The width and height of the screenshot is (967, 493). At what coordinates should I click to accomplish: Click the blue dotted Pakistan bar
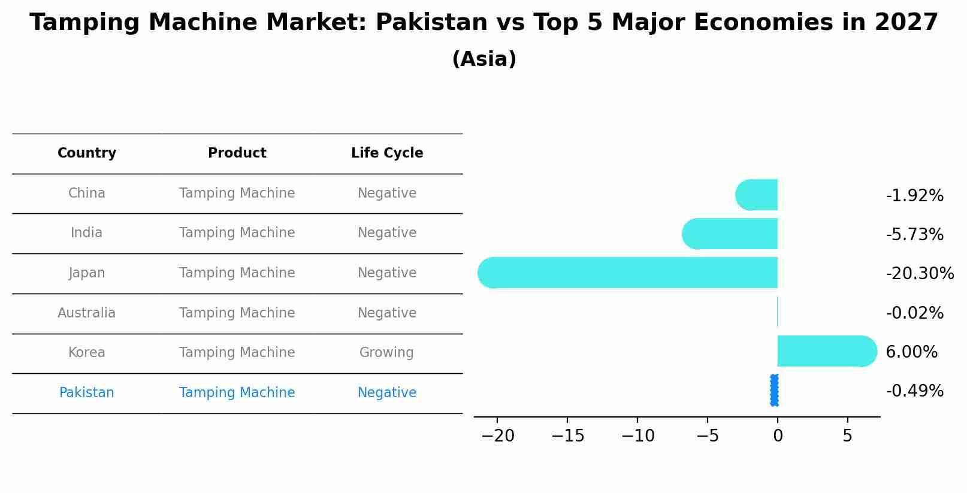tap(774, 390)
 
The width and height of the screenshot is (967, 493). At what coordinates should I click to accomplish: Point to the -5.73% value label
tap(914, 234)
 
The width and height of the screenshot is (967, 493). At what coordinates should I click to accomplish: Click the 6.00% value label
tap(911, 352)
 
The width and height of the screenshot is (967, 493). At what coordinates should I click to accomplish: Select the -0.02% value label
tap(914, 313)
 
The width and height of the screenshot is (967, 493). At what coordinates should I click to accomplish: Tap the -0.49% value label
tap(914, 391)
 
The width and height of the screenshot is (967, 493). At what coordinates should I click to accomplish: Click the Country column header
tap(87, 153)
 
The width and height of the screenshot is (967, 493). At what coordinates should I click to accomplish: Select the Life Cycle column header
tap(387, 153)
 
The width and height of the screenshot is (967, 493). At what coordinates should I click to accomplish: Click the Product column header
tap(237, 153)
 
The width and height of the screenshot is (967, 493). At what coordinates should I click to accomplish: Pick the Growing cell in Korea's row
tap(386, 352)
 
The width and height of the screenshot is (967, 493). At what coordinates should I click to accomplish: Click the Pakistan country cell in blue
tap(87, 392)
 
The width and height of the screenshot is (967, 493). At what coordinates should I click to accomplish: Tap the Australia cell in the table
tap(87, 313)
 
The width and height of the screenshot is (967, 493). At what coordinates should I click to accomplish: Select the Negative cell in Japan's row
tap(387, 273)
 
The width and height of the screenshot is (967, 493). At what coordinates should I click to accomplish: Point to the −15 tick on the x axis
tap(567, 436)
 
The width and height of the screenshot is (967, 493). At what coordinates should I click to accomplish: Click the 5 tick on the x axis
tap(847, 436)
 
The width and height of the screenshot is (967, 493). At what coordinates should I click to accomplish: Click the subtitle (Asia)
tap(484, 59)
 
